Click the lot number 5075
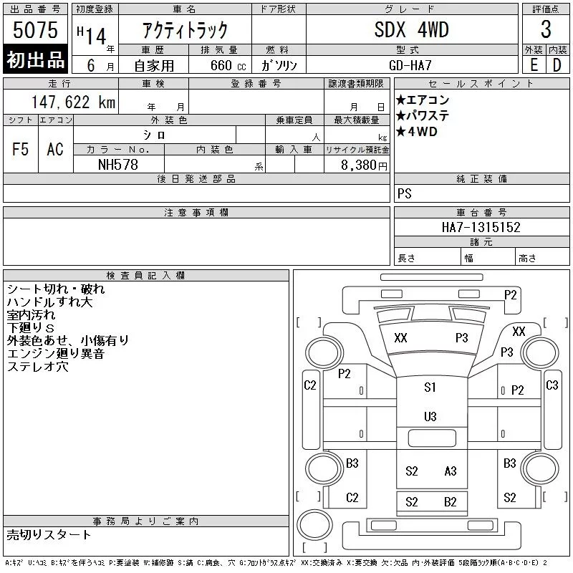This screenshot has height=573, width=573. pos(35,30)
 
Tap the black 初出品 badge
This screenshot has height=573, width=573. pos(35,59)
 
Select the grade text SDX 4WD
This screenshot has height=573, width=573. pos(411,30)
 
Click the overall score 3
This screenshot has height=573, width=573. pos(546,29)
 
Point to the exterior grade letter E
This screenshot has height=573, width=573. pos(534,65)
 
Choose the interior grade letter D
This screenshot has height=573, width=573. pos(557,65)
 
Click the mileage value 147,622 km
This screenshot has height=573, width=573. pos(73,102)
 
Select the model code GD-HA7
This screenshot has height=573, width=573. pos(410,65)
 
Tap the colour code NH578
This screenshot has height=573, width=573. pos(118,165)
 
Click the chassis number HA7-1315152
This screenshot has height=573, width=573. pos(481,227)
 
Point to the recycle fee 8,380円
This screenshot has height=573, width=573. pos(364,165)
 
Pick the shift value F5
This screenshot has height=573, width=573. pos(20,149)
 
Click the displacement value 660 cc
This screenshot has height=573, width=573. pos(228,65)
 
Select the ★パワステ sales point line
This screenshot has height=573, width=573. pos(423,115)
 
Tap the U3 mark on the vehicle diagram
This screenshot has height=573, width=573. pos(430,417)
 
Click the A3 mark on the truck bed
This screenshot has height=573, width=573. pos(451,471)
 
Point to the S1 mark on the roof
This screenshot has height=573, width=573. pos(430,387)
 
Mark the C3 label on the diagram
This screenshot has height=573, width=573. pos(552,385)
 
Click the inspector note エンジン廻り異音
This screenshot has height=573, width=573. pos(56,353)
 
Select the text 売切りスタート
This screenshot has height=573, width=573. pos(49,534)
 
